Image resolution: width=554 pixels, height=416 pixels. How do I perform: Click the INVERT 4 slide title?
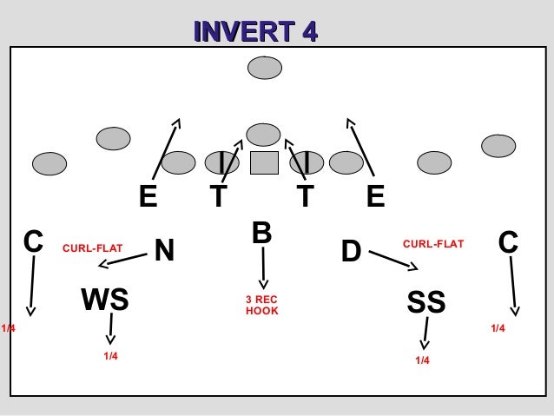pyautogui.click(x=255, y=32)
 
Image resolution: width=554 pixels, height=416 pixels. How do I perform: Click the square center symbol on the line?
pyautogui.click(x=263, y=162)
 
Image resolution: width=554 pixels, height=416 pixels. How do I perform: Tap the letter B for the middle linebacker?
pyautogui.click(x=262, y=233)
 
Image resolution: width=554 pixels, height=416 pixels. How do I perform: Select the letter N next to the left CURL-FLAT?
pyautogui.click(x=164, y=251)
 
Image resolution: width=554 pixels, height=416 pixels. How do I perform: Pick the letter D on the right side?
pyautogui.click(x=350, y=251)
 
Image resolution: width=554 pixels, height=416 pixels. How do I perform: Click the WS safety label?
pyautogui.click(x=105, y=300)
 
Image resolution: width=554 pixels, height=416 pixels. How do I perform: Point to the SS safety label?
pyautogui.click(x=425, y=302)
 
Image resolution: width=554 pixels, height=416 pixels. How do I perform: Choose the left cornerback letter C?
pyautogui.click(x=33, y=241)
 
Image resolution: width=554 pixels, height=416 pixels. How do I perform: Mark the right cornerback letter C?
pyautogui.click(x=509, y=241)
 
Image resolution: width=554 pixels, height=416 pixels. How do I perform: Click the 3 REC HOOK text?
pyautogui.click(x=261, y=305)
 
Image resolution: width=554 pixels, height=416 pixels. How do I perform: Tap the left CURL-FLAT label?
pyautogui.click(x=92, y=249)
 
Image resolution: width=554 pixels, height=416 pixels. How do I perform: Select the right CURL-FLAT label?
pyautogui.click(x=433, y=244)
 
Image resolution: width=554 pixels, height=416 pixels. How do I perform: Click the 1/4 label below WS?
pyautogui.click(x=111, y=356)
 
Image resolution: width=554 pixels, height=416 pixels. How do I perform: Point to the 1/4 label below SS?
pyautogui.click(x=422, y=360)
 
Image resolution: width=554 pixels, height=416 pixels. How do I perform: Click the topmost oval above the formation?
pyautogui.click(x=264, y=67)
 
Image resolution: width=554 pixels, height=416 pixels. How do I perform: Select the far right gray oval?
pyautogui.click(x=498, y=145)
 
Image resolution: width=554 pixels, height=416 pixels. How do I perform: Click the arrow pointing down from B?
pyautogui.click(x=263, y=269)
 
